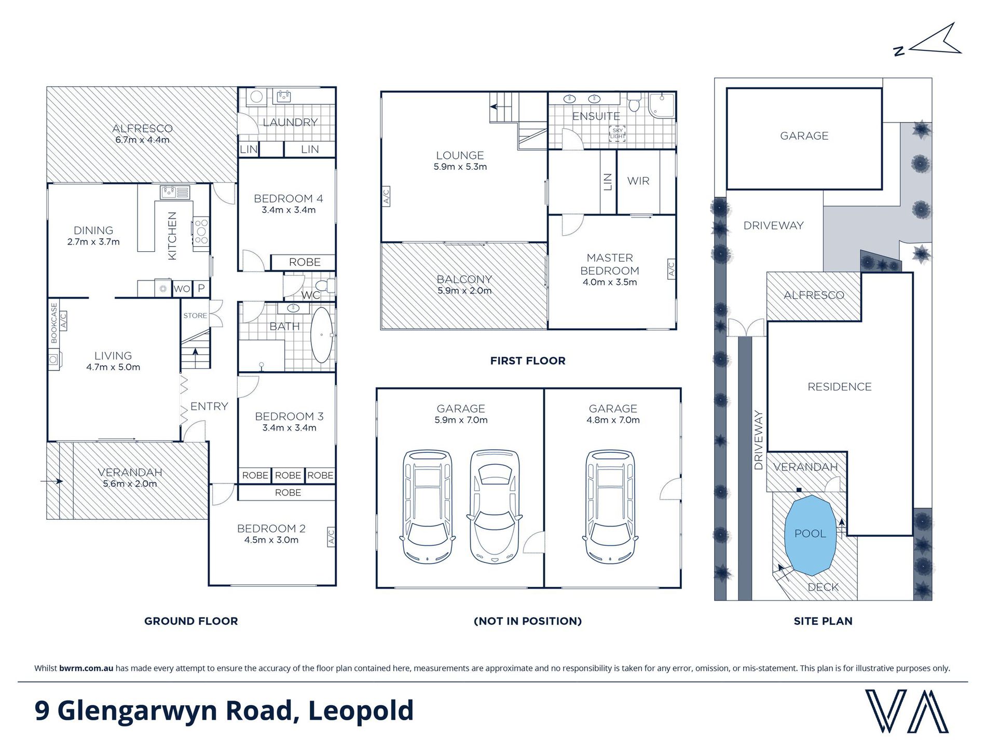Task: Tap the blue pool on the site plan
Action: point(810,535)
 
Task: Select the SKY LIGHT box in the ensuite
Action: point(618,133)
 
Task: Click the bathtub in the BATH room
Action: point(322,335)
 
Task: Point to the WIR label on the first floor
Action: point(638,181)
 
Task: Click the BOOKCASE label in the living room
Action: point(54,323)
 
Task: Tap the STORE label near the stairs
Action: point(195,315)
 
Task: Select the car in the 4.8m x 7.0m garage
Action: point(610,507)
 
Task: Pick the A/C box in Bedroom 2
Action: point(331,536)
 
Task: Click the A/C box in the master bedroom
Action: point(671,269)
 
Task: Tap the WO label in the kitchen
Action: point(182,289)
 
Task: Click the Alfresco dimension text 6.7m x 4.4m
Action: point(142,140)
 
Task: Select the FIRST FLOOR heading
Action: point(528,360)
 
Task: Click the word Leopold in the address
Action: point(361,711)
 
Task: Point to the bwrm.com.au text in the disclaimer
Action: point(86,668)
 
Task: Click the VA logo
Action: point(907,710)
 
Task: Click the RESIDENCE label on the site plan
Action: point(840,387)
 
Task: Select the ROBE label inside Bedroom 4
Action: point(305,262)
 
